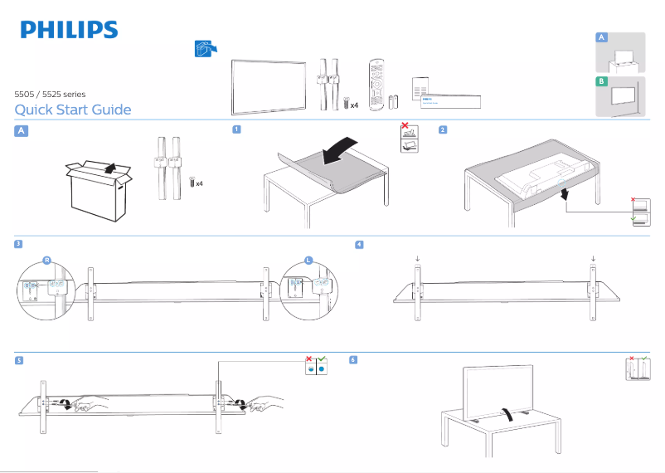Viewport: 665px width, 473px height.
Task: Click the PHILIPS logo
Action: coord(69,30)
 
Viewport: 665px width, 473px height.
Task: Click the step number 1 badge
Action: coord(237,129)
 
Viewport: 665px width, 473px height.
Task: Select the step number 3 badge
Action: coord(18,244)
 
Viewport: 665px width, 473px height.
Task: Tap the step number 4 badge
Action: coord(359,244)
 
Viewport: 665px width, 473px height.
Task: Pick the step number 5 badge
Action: coord(18,360)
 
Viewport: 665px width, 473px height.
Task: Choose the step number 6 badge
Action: coord(354,360)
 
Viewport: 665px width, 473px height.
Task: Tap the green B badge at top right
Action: coord(602,81)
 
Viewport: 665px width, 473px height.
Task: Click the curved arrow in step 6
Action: coord(509,415)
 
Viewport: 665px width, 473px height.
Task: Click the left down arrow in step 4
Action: coord(417,259)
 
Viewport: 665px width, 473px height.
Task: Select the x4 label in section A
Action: coord(199,183)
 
